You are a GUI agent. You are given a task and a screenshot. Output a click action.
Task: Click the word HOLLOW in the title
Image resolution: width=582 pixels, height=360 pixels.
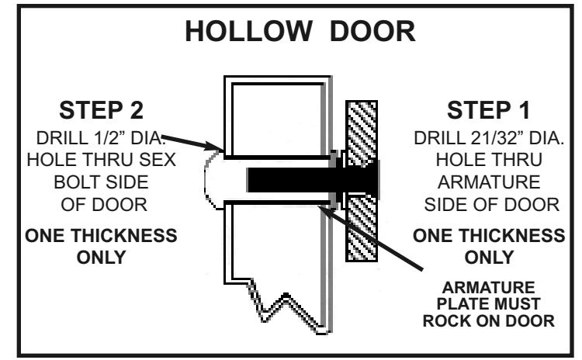[x=248, y=31]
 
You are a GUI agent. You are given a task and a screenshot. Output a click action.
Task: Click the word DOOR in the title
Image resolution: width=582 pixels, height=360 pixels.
[x=372, y=31]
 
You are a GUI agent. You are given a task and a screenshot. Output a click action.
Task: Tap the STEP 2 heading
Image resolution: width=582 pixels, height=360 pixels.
[x=101, y=110]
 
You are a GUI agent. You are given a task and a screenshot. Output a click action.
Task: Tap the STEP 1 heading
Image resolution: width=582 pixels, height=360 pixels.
[x=488, y=110]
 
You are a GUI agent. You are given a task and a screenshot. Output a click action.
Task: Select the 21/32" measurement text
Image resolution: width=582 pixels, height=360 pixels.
[x=494, y=138]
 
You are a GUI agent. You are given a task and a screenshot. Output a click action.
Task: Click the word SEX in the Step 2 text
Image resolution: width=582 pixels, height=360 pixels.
[x=158, y=160]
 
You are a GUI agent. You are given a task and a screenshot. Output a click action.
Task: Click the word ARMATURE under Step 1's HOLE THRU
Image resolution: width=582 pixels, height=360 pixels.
[x=489, y=182]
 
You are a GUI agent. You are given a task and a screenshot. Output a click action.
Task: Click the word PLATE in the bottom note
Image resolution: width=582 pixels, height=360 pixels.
[x=460, y=304]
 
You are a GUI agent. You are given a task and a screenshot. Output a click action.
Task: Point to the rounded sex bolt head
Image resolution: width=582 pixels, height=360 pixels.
[x=214, y=180]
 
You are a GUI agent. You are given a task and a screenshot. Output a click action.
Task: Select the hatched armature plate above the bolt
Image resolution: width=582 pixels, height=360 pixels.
[x=362, y=132]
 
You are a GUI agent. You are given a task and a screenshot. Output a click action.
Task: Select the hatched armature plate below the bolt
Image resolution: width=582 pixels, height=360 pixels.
[x=362, y=228]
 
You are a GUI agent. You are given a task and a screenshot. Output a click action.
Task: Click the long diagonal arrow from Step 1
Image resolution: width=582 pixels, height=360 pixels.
[x=370, y=237]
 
